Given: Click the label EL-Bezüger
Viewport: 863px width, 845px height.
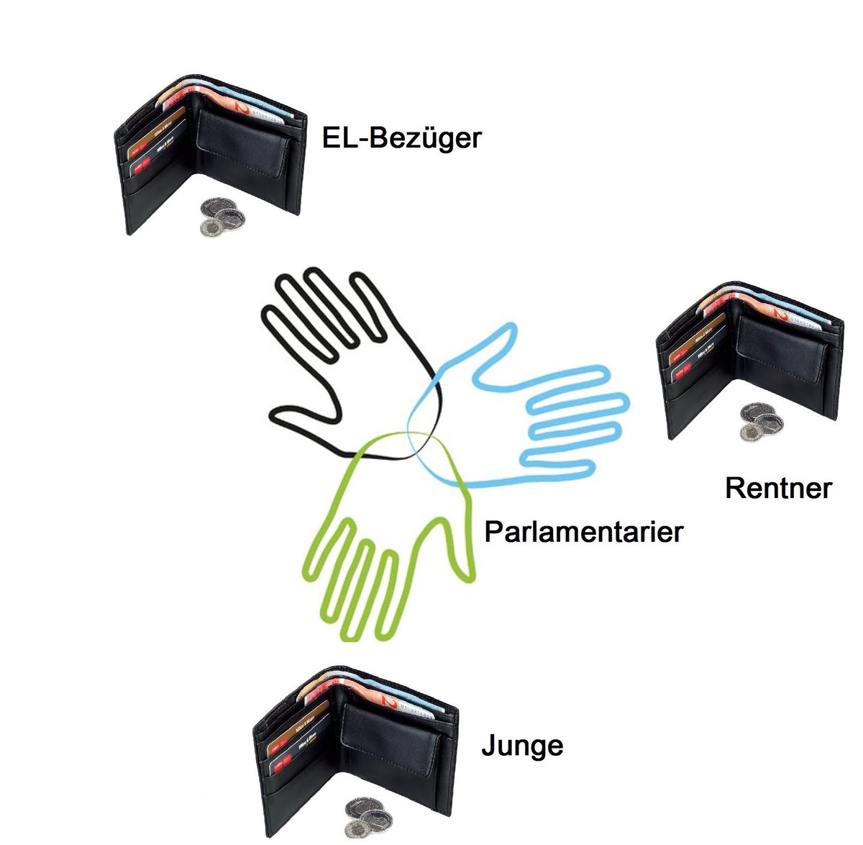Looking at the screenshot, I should [x=401, y=137].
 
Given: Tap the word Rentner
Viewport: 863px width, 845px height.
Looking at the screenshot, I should [x=778, y=488].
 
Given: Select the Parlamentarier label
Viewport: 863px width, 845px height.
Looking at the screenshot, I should [x=583, y=533].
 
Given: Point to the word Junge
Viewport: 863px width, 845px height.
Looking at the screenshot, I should [x=522, y=746].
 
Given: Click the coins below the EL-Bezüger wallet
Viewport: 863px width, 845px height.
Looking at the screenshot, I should [x=222, y=217].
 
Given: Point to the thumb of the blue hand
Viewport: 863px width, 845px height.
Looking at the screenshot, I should [x=496, y=342].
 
